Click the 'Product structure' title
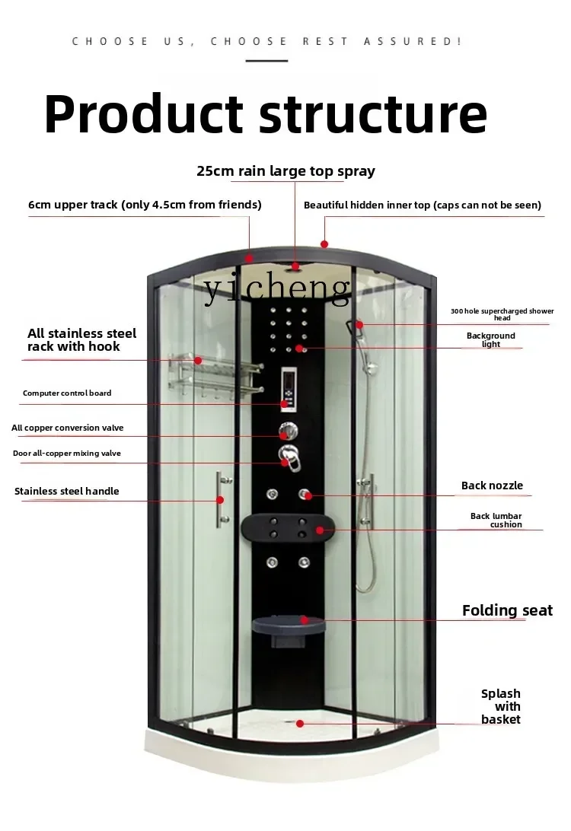[266, 114]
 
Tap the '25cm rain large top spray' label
[285, 171]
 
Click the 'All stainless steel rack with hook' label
[81, 339]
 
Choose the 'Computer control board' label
[67, 393]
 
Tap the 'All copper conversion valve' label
[67, 428]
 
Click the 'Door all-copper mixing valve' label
[67, 453]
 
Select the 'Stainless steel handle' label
[67, 492]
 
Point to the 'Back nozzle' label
[492, 486]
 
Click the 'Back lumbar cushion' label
[496, 520]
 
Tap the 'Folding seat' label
[507, 610]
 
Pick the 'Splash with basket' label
[500, 706]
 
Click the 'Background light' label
[491, 339]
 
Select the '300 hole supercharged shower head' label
[502, 314]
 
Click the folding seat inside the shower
[289, 628]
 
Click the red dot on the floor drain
[299, 724]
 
